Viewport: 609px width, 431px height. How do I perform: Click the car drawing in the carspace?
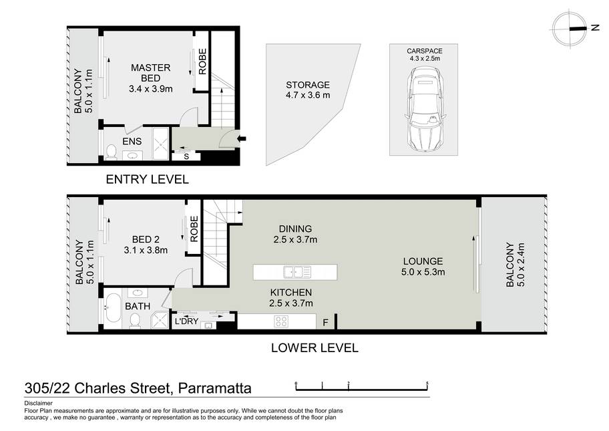pos(425,109)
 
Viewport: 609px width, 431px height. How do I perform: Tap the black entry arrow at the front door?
pos(242,138)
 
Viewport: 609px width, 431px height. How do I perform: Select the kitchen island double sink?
pos(297,272)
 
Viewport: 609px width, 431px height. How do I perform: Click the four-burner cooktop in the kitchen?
pos(281,321)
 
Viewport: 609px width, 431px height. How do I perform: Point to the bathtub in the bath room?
pos(113,308)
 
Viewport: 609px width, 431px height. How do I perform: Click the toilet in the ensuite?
pos(112,152)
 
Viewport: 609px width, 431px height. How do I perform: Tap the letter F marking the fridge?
pos(325,322)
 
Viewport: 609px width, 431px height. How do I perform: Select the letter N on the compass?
pos(594,27)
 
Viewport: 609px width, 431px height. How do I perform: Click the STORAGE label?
pos(308,85)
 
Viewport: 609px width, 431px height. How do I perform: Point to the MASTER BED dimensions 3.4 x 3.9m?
pos(151,89)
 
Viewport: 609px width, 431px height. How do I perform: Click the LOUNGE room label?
pos(423,261)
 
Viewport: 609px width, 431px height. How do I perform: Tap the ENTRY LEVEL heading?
pos(147,180)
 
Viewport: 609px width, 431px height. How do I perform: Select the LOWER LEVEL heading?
pos(315,348)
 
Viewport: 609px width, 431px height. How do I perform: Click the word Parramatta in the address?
pos(215,388)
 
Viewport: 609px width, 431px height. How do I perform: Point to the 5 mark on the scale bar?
pos(427,384)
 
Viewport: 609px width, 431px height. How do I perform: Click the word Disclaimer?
pos(39,403)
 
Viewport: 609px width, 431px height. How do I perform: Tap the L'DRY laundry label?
pos(186,321)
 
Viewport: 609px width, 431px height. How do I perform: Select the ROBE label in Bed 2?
pos(194,229)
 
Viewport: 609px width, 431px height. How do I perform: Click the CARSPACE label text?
pos(425,51)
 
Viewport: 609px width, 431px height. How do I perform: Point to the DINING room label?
pos(295,229)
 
